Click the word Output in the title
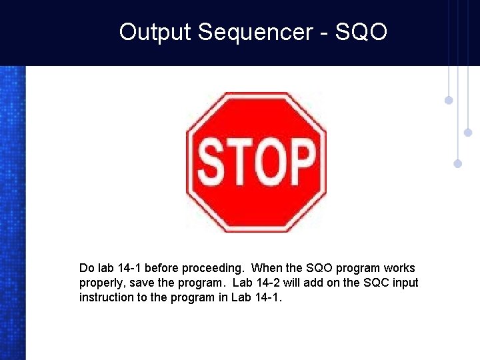point(155,32)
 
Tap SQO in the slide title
point(361,32)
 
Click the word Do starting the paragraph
point(87,268)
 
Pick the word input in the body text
point(406,283)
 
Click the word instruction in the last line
point(107,297)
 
